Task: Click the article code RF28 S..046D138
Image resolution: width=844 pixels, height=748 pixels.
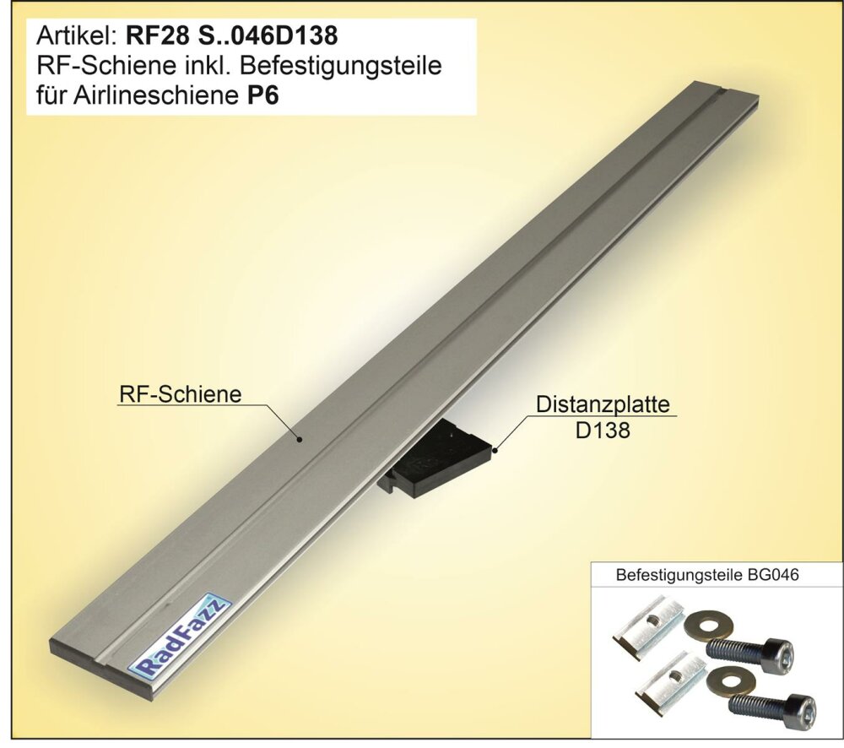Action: point(231,36)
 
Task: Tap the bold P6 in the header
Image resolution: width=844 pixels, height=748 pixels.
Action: point(262,95)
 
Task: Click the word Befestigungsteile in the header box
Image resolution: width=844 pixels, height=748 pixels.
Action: point(340,66)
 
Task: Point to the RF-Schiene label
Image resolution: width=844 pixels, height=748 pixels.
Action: point(181,394)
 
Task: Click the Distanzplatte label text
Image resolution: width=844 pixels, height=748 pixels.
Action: point(603,404)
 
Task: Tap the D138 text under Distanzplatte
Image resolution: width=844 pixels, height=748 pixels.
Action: point(603,431)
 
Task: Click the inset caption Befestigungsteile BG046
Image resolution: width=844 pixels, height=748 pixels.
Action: point(707,575)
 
